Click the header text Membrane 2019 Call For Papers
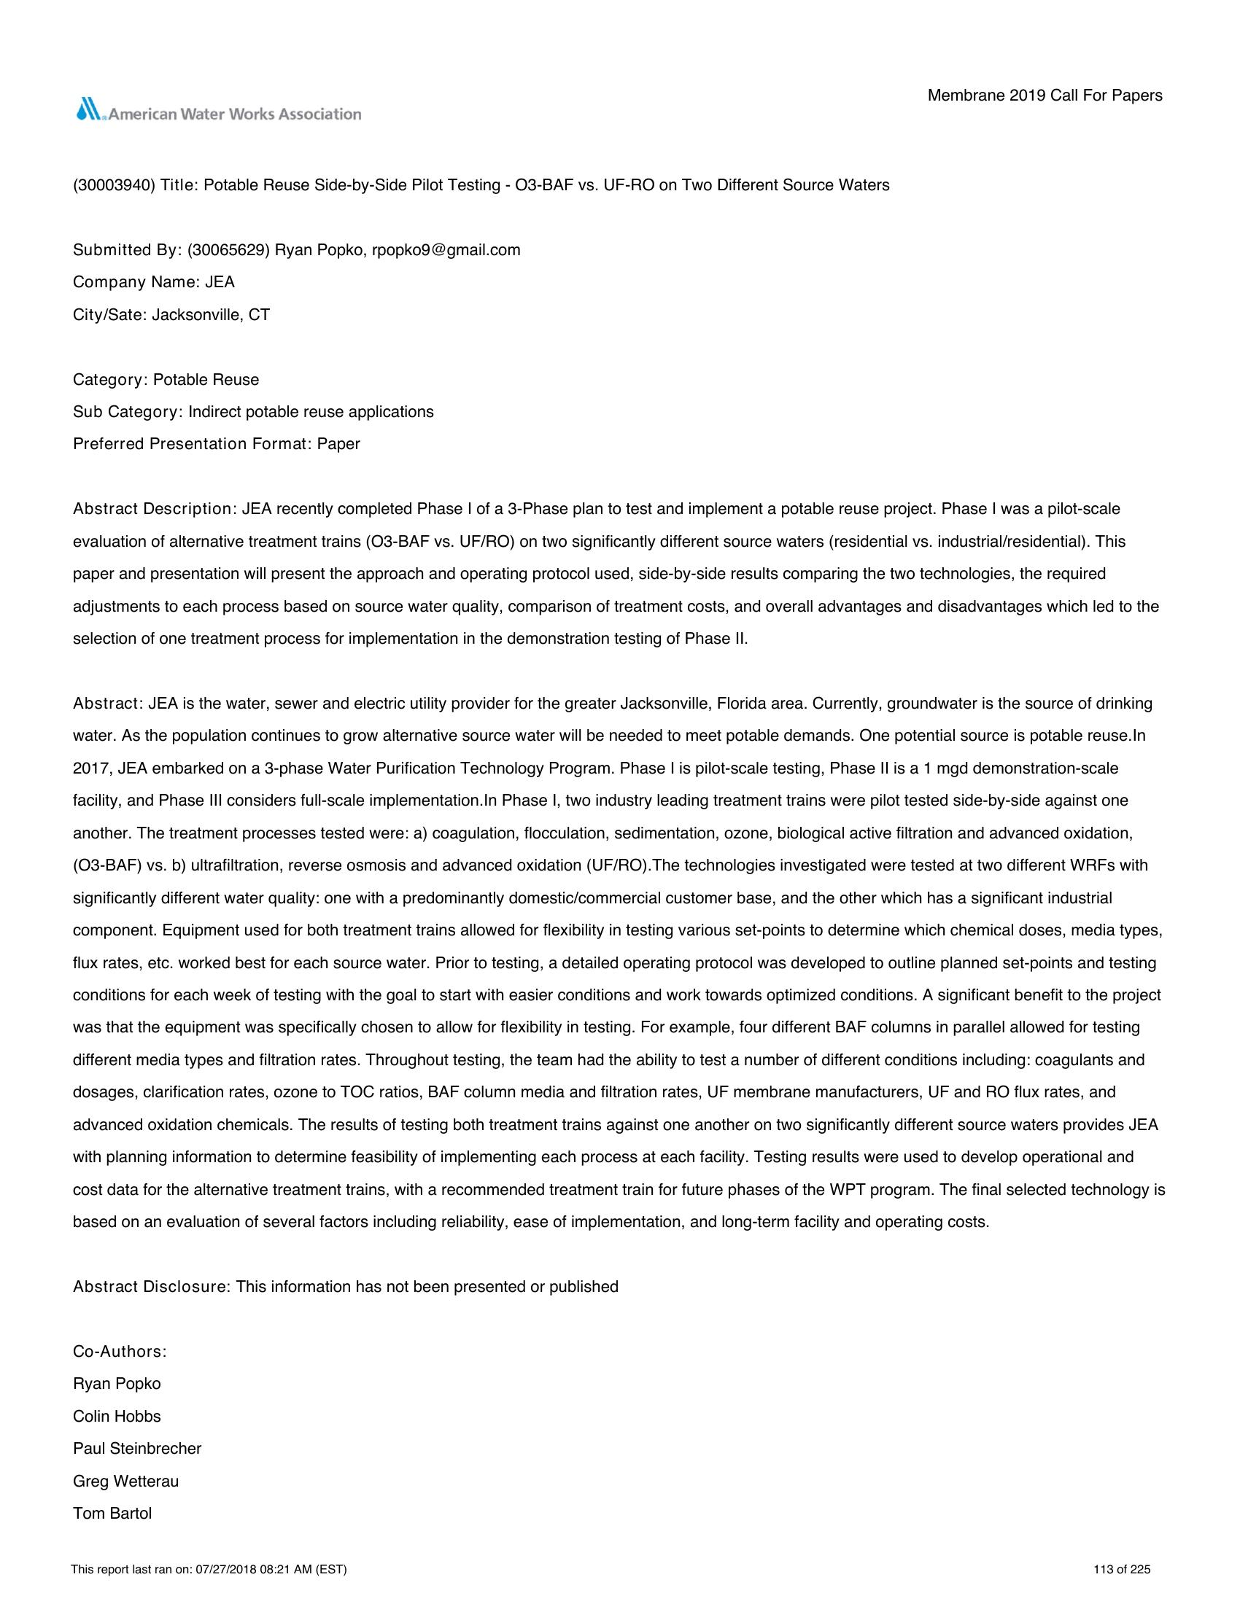pos(1045,96)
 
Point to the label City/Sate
pos(109,315)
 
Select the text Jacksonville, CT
pos(211,315)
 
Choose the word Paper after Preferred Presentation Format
pos(338,444)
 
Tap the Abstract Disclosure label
pos(152,1287)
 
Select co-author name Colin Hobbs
pos(117,1416)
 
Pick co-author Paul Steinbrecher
pos(136,1448)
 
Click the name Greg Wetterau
pos(125,1481)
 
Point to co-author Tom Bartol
pos(112,1513)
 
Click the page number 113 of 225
pos(1122,1570)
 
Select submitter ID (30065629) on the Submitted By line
pos(228,250)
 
